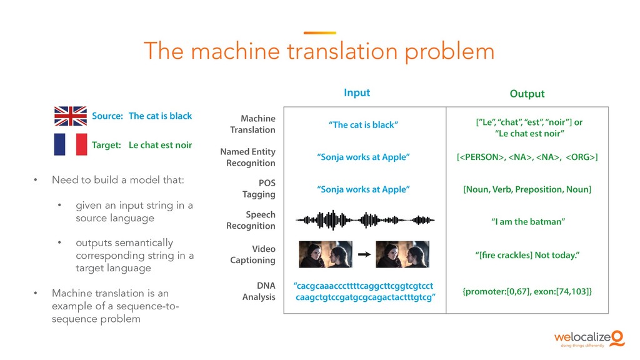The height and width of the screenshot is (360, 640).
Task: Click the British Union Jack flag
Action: click(70, 116)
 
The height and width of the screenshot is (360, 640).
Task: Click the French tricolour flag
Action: click(70, 145)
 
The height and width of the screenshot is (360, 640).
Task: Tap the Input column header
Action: click(357, 92)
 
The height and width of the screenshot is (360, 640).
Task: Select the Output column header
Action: click(527, 94)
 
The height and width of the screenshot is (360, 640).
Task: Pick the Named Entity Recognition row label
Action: click(247, 157)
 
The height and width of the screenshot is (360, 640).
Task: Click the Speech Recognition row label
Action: click(251, 220)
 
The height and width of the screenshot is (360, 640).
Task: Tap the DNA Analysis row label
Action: click(259, 291)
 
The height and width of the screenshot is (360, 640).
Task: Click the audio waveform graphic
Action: click(365, 220)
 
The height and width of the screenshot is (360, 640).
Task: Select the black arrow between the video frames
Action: click(364, 254)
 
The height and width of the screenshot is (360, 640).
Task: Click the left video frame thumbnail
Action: click(326, 254)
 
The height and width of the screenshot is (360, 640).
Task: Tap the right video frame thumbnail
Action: click(402, 254)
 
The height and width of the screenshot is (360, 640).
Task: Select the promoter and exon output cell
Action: click(527, 291)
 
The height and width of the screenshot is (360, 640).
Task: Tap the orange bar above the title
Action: click(319, 33)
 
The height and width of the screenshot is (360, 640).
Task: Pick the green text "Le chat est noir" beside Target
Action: click(160, 145)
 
